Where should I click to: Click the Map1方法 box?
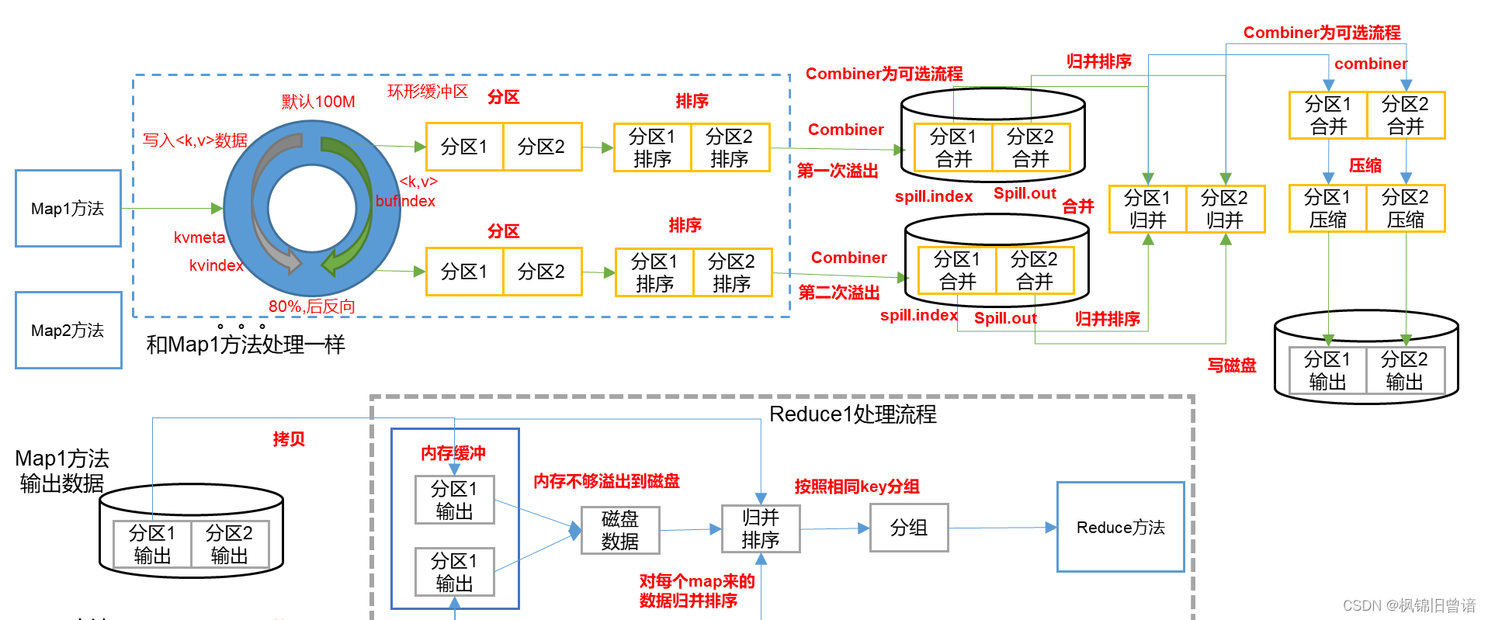(68, 209)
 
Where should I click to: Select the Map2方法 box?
(68, 330)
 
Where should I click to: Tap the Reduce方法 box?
(1120, 528)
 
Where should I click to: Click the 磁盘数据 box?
(620, 530)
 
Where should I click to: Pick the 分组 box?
(909, 528)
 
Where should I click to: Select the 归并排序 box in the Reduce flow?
(760, 528)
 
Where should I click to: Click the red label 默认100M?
(318, 102)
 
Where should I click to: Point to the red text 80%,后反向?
(311, 307)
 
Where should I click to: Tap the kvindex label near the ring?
(216, 265)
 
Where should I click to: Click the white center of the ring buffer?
(312, 208)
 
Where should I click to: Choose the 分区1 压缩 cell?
(1327, 208)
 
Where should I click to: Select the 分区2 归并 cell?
(1225, 209)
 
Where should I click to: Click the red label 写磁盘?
(1231, 365)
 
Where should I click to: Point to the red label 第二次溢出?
(839, 293)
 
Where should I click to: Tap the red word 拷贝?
(289, 439)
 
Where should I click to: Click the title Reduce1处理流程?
(852, 414)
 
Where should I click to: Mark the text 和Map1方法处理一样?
(245, 345)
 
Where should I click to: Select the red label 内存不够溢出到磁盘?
(606, 481)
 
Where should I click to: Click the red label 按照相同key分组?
(856, 487)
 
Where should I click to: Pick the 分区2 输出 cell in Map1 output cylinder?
(229, 544)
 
